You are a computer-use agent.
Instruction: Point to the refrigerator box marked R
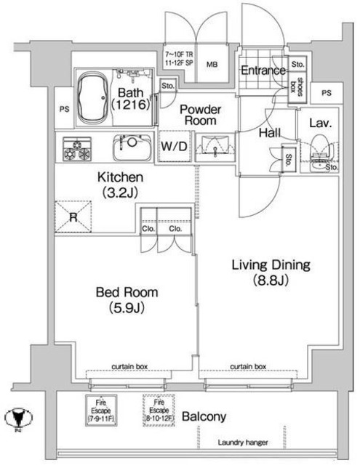click(x=74, y=217)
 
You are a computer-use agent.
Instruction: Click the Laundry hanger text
click(x=243, y=442)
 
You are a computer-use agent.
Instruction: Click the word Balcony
click(x=204, y=417)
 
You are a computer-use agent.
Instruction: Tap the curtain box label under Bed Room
click(x=131, y=367)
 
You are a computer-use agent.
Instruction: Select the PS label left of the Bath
click(x=63, y=110)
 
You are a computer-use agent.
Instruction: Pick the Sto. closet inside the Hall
click(x=289, y=158)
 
